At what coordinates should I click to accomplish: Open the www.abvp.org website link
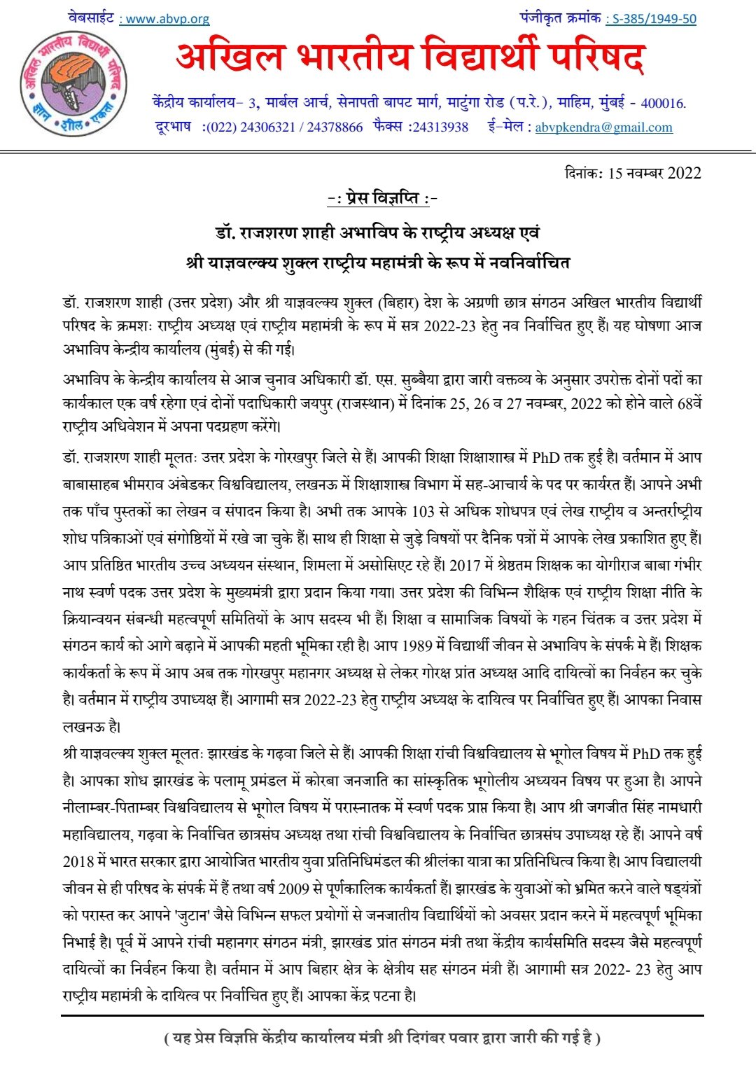click(x=164, y=19)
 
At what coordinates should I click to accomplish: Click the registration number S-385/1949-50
click(x=652, y=19)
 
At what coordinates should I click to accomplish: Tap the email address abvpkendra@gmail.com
click(x=603, y=127)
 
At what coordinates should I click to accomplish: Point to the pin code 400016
click(x=662, y=104)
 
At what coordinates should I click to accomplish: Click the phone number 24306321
click(x=265, y=127)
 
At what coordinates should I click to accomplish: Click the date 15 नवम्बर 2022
click(x=654, y=173)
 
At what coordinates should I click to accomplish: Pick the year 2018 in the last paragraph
click(x=78, y=862)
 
